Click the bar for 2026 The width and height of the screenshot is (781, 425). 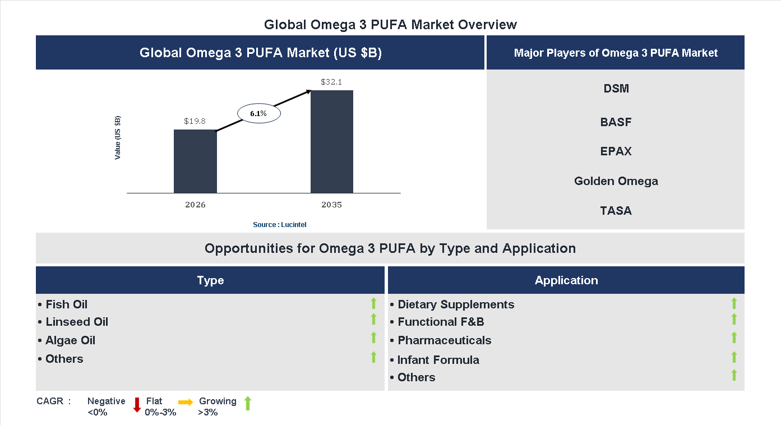pyautogui.click(x=195, y=161)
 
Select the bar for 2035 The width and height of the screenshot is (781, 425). pyautogui.click(x=332, y=141)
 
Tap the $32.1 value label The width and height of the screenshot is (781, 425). pyautogui.click(x=331, y=82)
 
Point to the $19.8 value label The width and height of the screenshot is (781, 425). pyautogui.click(x=195, y=121)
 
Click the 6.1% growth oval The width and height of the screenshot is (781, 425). pyautogui.click(x=258, y=113)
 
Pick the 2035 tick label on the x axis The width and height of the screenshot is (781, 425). pyautogui.click(x=331, y=205)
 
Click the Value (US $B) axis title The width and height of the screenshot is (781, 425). pyautogui.click(x=118, y=138)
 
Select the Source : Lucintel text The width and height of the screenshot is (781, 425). pyautogui.click(x=279, y=225)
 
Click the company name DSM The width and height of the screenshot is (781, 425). pyautogui.click(x=616, y=89)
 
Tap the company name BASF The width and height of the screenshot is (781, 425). pyautogui.click(x=616, y=122)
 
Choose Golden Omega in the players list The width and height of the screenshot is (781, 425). pyautogui.click(x=616, y=181)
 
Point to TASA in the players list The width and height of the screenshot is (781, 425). pyautogui.click(x=616, y=211)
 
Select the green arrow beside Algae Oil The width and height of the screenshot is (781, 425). pyautogui.click(x=373, y=338)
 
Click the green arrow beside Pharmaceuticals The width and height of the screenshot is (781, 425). pyautogui.click(x=734, y=338)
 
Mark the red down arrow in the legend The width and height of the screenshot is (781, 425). pyautogui.click(x=136, y=404)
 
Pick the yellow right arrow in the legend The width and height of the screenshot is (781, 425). pyautogui.click(x=186, y=402)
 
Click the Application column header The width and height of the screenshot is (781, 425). pyautogui.click(x=566, y=280)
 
